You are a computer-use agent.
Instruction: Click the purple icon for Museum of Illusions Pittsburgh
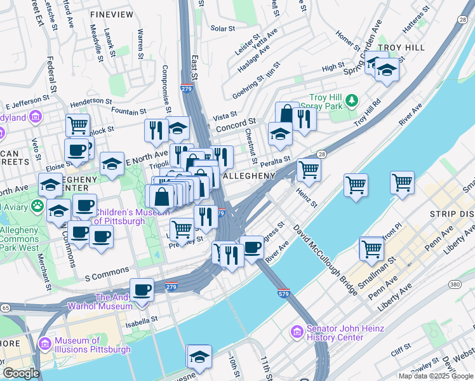click(x=44, y=344)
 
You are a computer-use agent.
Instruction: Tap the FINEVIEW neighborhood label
click(x=112, y=13)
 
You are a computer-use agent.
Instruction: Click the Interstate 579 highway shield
click(x=283, y=294)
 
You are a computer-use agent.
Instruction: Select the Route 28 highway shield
click(x=322, y=154)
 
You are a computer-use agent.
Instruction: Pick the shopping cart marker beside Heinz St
click(x=309, y=170)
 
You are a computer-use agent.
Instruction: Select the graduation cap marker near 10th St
click(x=199, y=357)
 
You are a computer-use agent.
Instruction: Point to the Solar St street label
click(x=223, y=29)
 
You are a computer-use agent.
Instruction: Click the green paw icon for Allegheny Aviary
click(x=38, y=205)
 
